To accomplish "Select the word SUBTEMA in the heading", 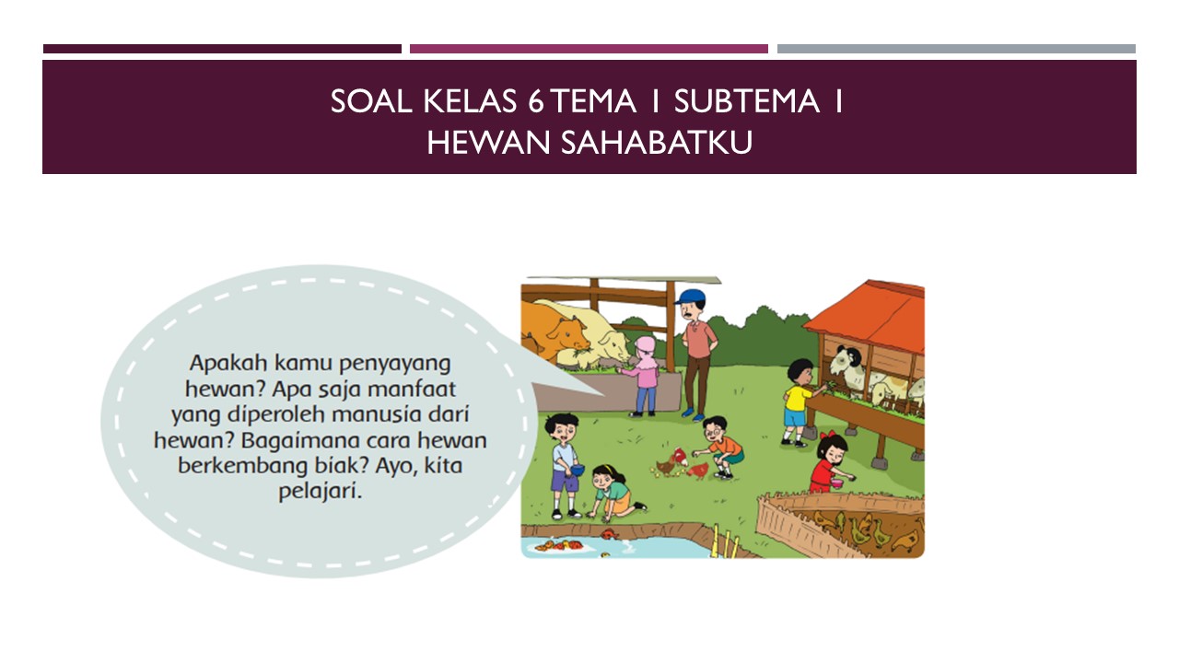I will pyautogui.click(x=746, y=101).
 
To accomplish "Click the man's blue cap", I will pyautogui.click(x=688, y=297).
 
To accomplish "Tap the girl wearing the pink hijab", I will pyautogui.click(x=645, y=373).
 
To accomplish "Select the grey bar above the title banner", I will pyautogui.click(x=956, y=49).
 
